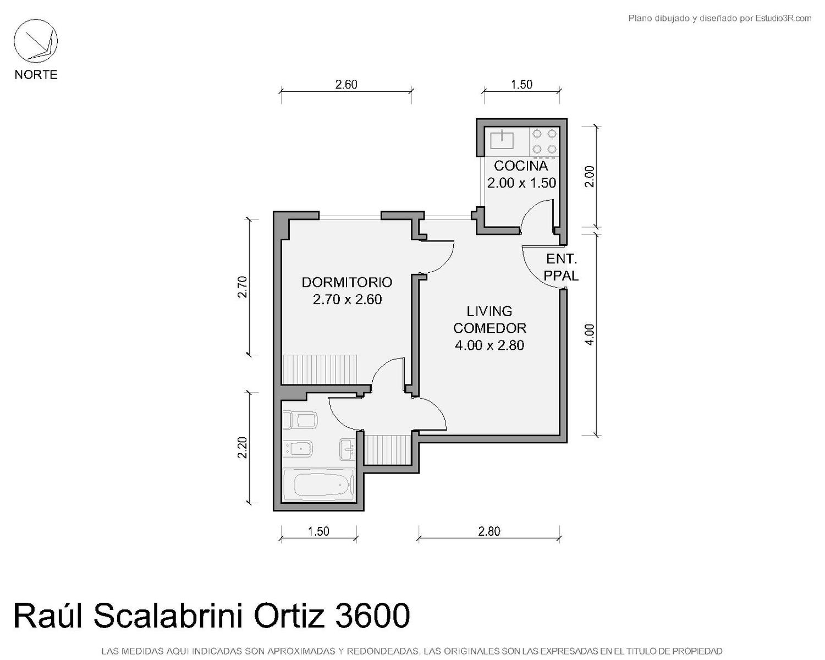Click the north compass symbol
pyautogui.click(x=36, y=41)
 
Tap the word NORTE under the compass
pyautogui.click(x=36, y=75)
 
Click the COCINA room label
pyautogui.click(x=521, y=166)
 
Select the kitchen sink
pyautogui.click(x=502, y=139)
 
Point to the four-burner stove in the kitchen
pyautogui.click(x=544, y=142)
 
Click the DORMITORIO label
pyautogui.click(x=347, y=283)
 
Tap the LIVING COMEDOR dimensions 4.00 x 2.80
pyautogui.click(x=489, y=345)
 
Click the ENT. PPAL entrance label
pyautogui.click(x=562, y=267)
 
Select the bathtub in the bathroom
pyautogui.click(x=318, y=485)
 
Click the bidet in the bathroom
pyautogui.click(x=298, y=448)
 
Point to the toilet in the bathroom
pyautogui.click(x=300, y=421)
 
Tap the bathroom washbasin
pyautogui.click(x=348, y=449)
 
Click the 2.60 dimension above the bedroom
pyautogui.click(x=346, y=84)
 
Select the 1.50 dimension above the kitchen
pyautogui.click(x=521, y=84)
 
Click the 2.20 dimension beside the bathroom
pyautogui.click(x=243, y=448)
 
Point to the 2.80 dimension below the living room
pyautogui.click(x=489, y=531)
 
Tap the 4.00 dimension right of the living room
pyautogui.click(x=590, y=334)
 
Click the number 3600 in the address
pyautogui.click(x=372, y=616)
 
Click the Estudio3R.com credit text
pyautogui.click(x=783, y=18)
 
